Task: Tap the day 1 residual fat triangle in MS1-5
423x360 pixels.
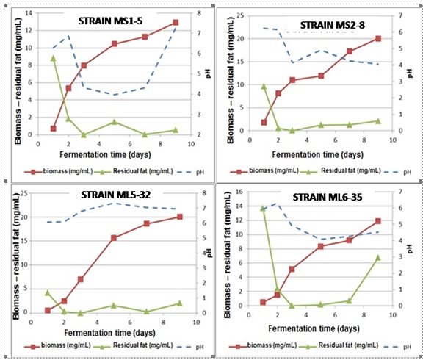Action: tap(54, 57)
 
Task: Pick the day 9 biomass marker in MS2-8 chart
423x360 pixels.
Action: tap(377, 38)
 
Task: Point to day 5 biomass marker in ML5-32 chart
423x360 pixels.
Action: tap(114, 238)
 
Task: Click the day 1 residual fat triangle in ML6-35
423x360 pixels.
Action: tap(263, 208)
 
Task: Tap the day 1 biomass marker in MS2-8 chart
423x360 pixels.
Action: tap(264, 123)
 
